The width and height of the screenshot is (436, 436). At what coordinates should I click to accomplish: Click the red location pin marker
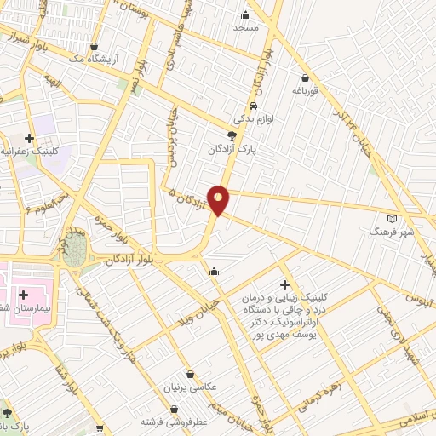point(219,199)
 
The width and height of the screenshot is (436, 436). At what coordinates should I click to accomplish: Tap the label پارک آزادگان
point(231,149)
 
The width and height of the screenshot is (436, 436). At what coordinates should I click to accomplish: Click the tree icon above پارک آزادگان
point(231,135)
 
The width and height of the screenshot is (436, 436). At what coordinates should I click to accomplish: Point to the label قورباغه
point(304,89)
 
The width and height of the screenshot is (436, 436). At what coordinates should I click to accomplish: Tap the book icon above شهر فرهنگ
point(392,219)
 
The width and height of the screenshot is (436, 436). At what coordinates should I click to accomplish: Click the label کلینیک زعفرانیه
point(27,152)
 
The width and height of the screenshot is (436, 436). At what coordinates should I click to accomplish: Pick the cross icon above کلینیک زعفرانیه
point(30,137)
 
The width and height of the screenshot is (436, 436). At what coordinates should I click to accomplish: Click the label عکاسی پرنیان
point(189,387)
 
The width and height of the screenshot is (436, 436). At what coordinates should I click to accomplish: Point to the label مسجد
point(245,28)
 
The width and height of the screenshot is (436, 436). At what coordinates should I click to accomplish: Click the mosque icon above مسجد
point(246,14)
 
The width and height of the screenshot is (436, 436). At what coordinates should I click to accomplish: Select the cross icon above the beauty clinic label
point(284,284)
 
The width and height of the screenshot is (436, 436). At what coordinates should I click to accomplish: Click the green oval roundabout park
point(76,248)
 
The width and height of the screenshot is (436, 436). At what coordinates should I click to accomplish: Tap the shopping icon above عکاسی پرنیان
point(189,374)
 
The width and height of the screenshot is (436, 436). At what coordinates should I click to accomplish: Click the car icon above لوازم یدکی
point(253,106)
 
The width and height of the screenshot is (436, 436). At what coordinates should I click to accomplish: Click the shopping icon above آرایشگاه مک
point(94,47)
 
